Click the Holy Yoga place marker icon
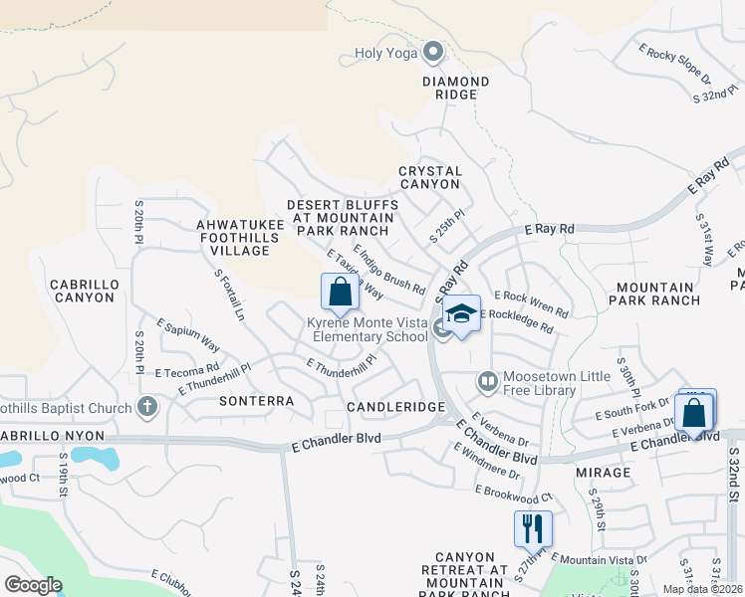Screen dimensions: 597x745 (x=432, y=52)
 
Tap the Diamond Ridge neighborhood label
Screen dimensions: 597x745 (x=455, y=88)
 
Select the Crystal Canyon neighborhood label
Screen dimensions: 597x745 (x=430, y=178)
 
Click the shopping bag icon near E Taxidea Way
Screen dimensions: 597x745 (x=340, y=293)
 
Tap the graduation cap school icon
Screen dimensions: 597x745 (x=461, y=314)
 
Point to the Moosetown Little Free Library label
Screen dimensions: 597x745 (x=539, y=383)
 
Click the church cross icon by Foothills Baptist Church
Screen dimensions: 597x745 (x=147, y=406)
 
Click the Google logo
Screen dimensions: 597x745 (x=33, y=585)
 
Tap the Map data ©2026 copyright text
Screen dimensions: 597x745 (x=701, y=589)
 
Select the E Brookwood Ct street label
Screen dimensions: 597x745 (x=513, y=495)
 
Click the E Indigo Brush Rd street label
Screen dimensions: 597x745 (x=389, y=268)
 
